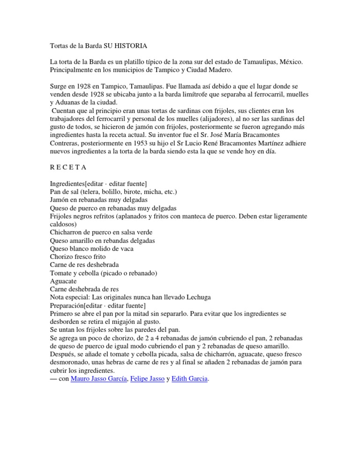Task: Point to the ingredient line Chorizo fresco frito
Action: coord(78,257)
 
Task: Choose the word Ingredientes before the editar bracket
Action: coord(67,184)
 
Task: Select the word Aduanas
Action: coord(70,103)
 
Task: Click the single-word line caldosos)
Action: coord(64,224)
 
